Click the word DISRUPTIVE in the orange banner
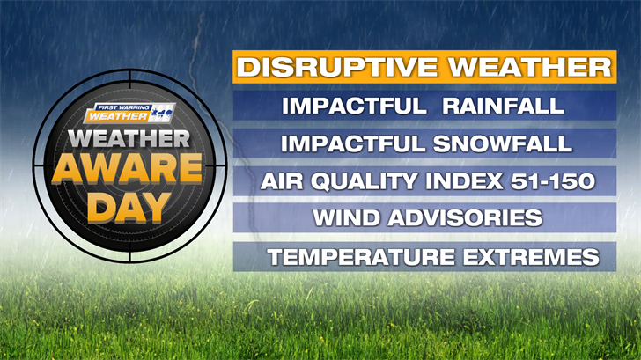tap(337, 67)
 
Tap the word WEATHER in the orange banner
tap(530, 67)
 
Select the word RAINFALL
tap(504, 106)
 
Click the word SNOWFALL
tap(503, 143)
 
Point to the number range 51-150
tap(553, 181)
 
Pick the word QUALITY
tap(365, 181)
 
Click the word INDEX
tap(464, 181)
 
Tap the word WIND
tap(347, 217)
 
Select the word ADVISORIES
tap(465, 217)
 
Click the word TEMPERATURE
tap(361, 257)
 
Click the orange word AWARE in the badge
tap(127, 168)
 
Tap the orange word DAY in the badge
tap(129, 208)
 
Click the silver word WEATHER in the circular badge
tap(129, 139)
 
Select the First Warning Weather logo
tap(129, 113)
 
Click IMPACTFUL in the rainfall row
tap(355, 106)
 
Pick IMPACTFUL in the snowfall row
tap(353, 143)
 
